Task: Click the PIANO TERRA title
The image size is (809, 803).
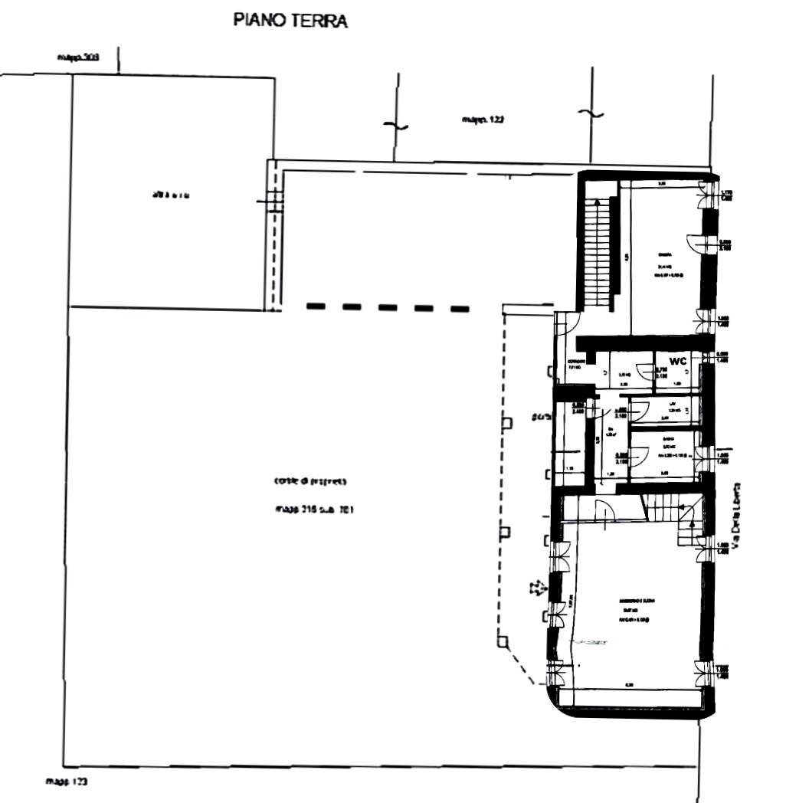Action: point(290,21)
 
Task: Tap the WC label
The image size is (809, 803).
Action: point(677,360)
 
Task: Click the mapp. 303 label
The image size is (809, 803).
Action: point(78,57)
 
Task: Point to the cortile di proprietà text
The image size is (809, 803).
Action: point(310,482)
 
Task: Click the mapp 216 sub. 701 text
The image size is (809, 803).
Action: point(313,509)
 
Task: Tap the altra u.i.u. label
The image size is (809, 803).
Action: point(172,195)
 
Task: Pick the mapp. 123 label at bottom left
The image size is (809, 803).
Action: point(67,782)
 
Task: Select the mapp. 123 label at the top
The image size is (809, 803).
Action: point(483,120)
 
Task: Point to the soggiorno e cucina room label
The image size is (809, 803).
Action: point(638,601)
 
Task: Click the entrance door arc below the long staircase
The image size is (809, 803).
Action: point(568,323)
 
